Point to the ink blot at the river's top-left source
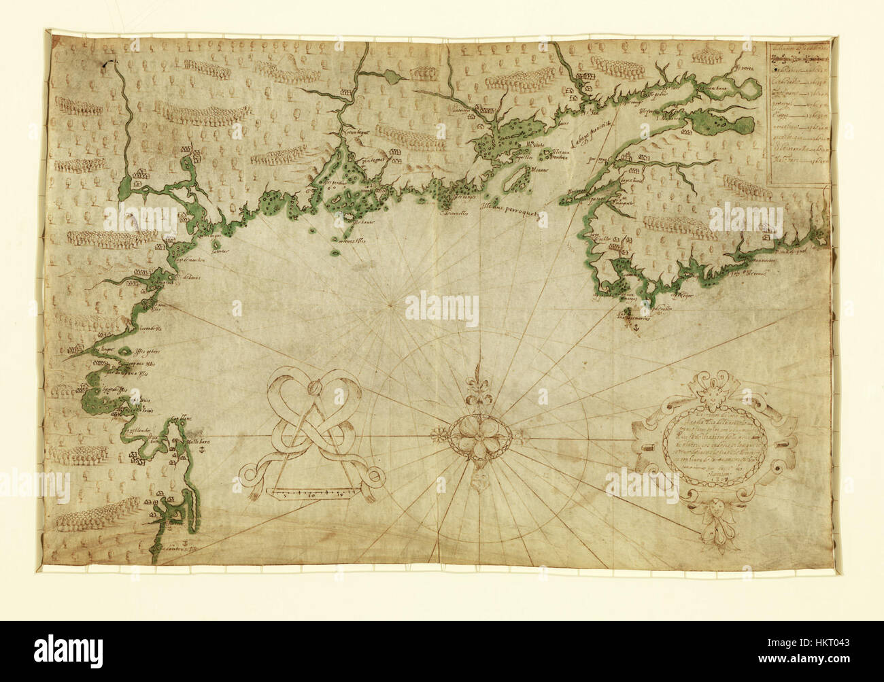pos(105,63)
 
